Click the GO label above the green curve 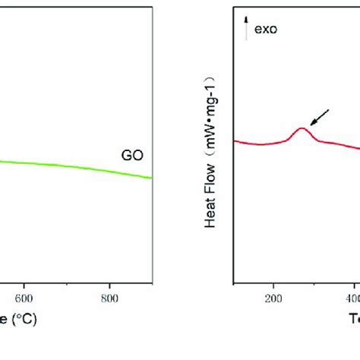131,156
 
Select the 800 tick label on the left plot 110,298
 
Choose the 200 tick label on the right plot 273,298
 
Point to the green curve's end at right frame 153,178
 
